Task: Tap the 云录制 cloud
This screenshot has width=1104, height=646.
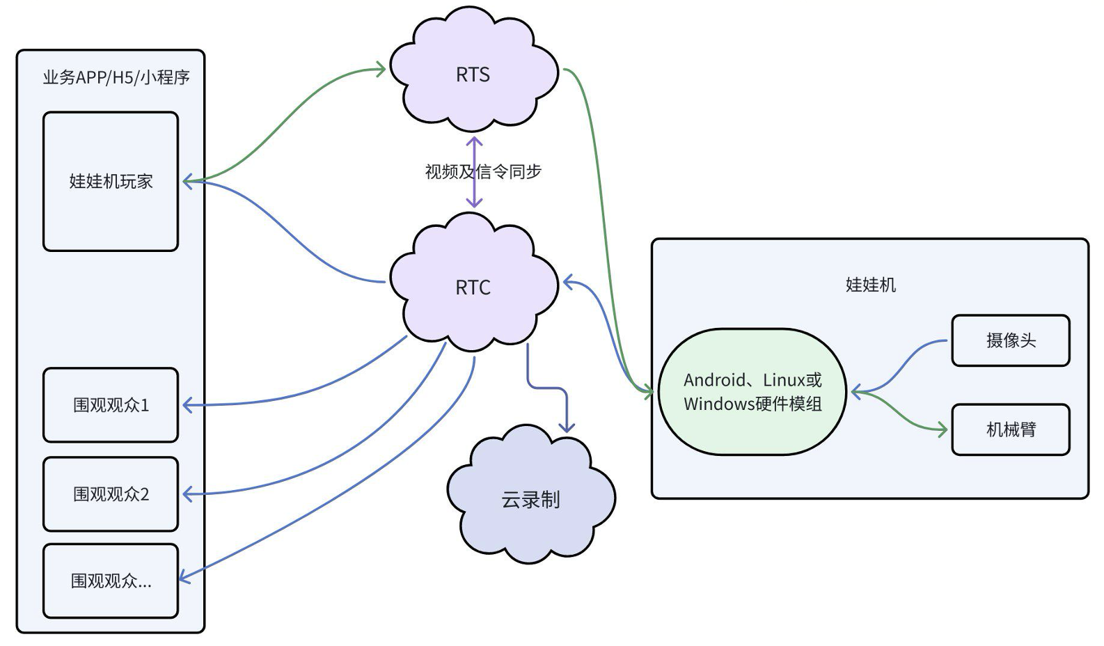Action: coord(530,498)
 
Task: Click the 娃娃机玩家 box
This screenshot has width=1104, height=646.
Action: coord(111,181)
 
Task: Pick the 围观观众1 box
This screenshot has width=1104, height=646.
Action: coord(111,404)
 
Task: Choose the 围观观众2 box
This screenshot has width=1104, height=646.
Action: coord(111,494)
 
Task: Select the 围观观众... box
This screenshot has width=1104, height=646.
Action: coord(111,581)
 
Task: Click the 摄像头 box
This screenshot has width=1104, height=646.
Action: coord(1010,340)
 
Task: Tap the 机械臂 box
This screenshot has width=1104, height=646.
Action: coord(1010,430)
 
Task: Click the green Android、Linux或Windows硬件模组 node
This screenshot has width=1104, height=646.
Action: coord(752,391)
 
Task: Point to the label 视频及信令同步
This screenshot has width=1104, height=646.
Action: coord(483,171)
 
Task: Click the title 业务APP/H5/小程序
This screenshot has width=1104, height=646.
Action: coord(116,77)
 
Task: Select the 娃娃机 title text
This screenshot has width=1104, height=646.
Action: coord(870,285)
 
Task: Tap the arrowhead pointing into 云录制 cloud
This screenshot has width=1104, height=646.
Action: coord(567,427)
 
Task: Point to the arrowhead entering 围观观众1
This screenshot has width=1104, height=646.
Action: coord(187,404)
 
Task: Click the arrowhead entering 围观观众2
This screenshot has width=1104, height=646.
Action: coord(187,494)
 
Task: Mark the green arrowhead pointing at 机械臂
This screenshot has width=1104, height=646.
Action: coord(943,430)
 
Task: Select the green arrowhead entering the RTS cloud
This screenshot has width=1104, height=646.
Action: coord(381,68)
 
